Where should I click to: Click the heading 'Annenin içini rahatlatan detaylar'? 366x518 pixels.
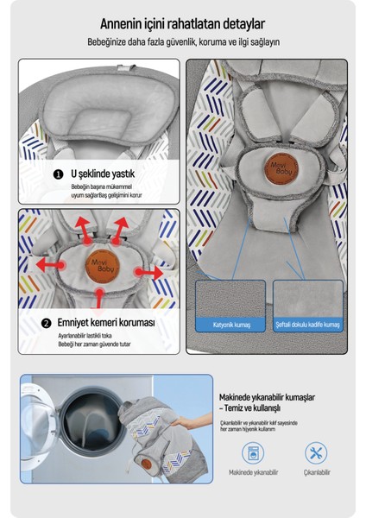182,24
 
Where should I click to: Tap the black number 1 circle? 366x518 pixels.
58,174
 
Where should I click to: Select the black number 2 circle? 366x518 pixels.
47,323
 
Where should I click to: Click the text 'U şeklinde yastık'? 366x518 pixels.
103,174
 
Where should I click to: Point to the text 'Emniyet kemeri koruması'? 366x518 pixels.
106,322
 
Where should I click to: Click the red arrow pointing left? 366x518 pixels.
49,265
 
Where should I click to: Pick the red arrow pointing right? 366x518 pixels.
149,273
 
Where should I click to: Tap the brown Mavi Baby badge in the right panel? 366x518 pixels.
281,169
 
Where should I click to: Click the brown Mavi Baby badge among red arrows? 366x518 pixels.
103,266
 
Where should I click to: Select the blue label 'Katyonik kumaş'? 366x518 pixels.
230,325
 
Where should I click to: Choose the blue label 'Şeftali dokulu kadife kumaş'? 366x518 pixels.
308,325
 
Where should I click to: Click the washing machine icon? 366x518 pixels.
253,453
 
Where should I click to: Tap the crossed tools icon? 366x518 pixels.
316,453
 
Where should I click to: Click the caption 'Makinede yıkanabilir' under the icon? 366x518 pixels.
254,472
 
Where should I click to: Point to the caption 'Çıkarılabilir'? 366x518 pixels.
317,472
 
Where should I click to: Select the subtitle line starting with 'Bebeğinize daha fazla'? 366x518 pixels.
183,42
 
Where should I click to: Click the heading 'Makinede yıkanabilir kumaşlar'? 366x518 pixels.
267,397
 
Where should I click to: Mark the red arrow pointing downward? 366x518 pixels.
99,299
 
